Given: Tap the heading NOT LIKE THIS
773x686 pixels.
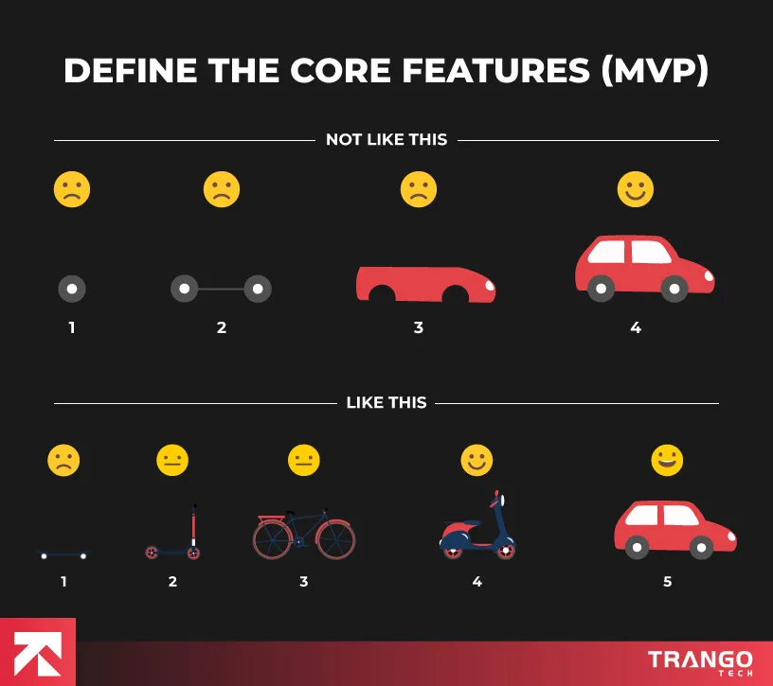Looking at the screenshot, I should point(386,140).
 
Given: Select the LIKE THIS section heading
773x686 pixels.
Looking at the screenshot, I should point(386,403).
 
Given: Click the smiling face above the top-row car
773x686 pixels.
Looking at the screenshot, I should point(636,189).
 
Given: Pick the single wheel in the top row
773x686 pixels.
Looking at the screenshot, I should point(72,289).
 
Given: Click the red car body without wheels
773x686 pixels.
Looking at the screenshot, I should point(425,285).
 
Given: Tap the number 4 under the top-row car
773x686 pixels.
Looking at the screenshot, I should point(636,328).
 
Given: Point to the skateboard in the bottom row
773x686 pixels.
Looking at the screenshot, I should point(63,554).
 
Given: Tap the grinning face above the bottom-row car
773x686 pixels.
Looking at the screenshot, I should point(667,461).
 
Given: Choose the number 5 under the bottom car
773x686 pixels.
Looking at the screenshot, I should point(668,582).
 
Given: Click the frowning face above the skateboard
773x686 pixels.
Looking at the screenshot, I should point(63,461).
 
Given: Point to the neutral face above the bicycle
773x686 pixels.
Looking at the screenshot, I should point(304,461).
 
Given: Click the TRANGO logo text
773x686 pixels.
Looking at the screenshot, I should point(700,659).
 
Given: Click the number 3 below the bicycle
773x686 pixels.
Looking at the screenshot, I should point(304,582).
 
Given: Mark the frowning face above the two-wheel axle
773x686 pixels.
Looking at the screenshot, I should point(222,189).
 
